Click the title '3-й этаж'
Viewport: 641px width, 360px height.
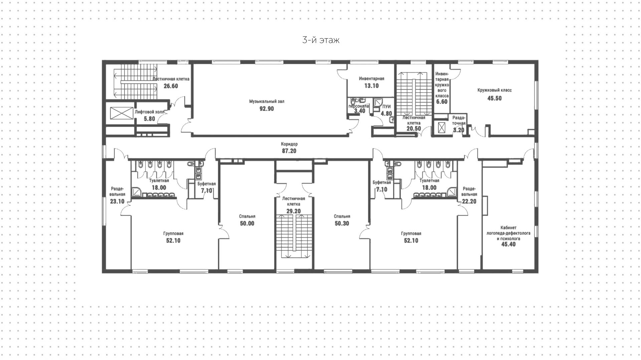point(320,40)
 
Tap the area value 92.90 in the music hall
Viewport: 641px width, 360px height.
point(266,109)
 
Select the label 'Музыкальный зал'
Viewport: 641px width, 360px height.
point(266,101)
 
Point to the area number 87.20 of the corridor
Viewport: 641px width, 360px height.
point(289,151)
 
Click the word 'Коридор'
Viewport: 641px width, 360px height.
point(289,144)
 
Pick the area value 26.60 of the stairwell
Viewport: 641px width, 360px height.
point(171,86)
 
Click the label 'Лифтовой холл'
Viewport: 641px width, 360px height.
point(150,112)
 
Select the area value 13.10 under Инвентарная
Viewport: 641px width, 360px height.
point(371,86)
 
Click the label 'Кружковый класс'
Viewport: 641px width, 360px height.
point(494,90)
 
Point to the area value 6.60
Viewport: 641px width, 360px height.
point(442,102)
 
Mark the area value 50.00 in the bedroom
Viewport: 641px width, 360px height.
point(247,223)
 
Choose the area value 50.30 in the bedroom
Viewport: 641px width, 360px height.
point(342,223)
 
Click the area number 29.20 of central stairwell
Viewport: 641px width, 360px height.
point(293,211)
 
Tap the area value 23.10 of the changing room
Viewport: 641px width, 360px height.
point(117,201)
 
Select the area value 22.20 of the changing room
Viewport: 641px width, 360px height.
point(469,201)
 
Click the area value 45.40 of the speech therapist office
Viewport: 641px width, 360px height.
point(508,244)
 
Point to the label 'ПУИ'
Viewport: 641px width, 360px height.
point(386,107)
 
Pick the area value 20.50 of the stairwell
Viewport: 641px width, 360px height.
point(414,128)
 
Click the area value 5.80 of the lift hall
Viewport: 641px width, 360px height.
point(149,119)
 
